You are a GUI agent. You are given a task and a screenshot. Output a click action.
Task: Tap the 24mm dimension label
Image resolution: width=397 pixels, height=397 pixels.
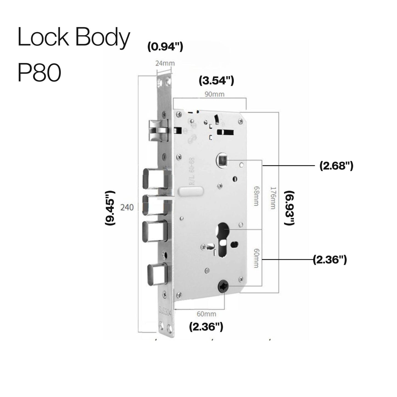click(165, 63)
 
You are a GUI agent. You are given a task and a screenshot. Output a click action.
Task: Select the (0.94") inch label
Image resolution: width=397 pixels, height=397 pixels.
click(165, 47)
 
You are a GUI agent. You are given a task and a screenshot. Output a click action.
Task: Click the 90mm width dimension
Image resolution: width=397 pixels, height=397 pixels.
click(215, 94)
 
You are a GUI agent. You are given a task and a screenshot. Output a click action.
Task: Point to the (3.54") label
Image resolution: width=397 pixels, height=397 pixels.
click(216, 81)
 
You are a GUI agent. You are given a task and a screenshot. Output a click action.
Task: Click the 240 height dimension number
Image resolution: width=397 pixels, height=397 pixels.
click(127, 207)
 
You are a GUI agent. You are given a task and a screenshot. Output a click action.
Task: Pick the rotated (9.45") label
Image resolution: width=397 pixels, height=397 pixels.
click(110, 208)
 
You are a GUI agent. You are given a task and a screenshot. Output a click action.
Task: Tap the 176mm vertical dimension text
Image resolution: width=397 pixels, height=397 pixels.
click(273, 198)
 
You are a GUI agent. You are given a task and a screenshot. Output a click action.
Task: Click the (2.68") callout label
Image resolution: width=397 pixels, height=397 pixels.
click(336, 166)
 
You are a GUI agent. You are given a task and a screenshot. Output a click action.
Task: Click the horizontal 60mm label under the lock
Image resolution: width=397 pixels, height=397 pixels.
click(206, 314)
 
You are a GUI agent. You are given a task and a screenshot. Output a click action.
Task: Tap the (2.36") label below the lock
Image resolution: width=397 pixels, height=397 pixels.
click(206, 327)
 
